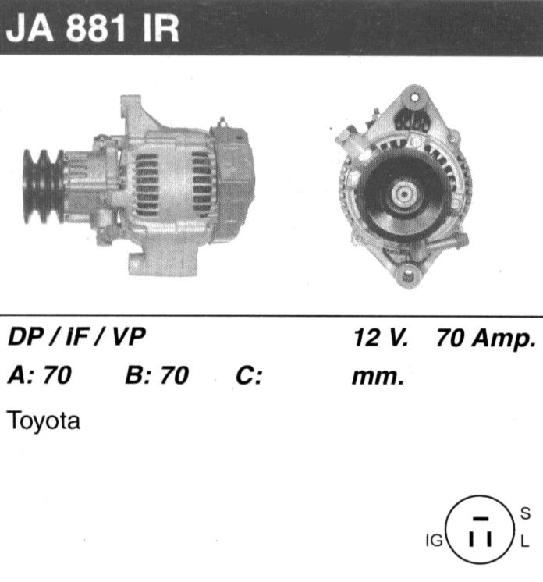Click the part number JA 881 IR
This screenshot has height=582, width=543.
click(x=93, y=29)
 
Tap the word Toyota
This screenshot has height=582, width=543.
click(x=44, y=421)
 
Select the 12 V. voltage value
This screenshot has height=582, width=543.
click(x=381, y=338)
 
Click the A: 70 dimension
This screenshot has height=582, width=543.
click(x=40, y=375)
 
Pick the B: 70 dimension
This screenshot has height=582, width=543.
click(x=157, y=375)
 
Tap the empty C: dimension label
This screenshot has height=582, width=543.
click(x=249, y=375)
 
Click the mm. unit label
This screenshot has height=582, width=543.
click(x=378, y=377)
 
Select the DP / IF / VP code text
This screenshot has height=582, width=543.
click(x=76, y=337)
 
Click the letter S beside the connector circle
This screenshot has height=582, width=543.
click(x=525, y=513)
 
